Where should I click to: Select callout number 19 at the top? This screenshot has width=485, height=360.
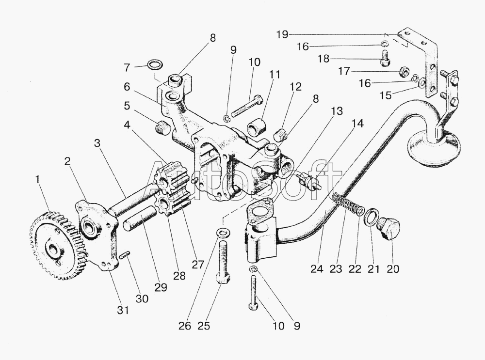[x=282, y=34]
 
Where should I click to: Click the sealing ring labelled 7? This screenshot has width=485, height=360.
[x=154, y=64]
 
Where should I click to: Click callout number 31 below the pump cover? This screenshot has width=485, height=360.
[x=123, y=311]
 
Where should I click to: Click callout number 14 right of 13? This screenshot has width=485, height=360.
[x=357, y=124]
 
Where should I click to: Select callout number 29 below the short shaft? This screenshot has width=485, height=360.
[x=161, y=287]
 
